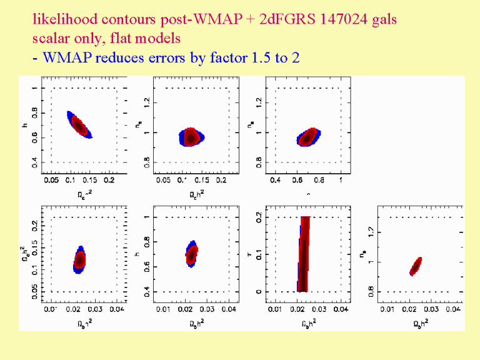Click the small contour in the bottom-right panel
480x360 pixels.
pos(416,266)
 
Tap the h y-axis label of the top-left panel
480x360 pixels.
pos(24,126)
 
